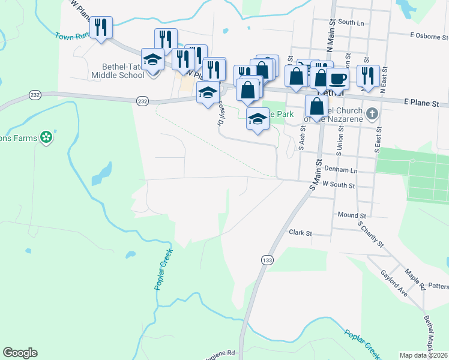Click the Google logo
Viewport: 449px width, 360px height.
(20, 353)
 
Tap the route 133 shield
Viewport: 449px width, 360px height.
(267, 260)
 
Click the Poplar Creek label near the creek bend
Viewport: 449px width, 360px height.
(160, 271)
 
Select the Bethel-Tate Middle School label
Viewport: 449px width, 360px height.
(118, 71)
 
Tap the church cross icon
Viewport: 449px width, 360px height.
(372, 113)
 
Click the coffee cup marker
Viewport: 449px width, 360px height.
(337, 78)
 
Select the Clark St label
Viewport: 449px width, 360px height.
(301, 232)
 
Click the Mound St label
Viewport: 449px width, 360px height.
(352, 215)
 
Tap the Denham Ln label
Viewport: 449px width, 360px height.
(343, 171)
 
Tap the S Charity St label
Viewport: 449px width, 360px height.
(370, 234)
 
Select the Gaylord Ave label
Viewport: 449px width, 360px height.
(394, 283)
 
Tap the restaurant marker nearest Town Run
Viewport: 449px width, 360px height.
(101, 27)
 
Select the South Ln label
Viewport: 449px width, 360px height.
(351, 22)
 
